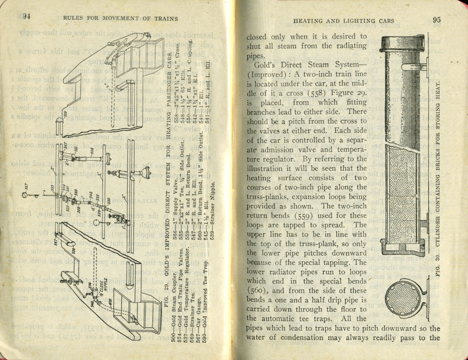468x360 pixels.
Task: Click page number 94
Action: tap(26, 16)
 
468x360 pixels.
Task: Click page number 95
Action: tap(436, 20)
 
